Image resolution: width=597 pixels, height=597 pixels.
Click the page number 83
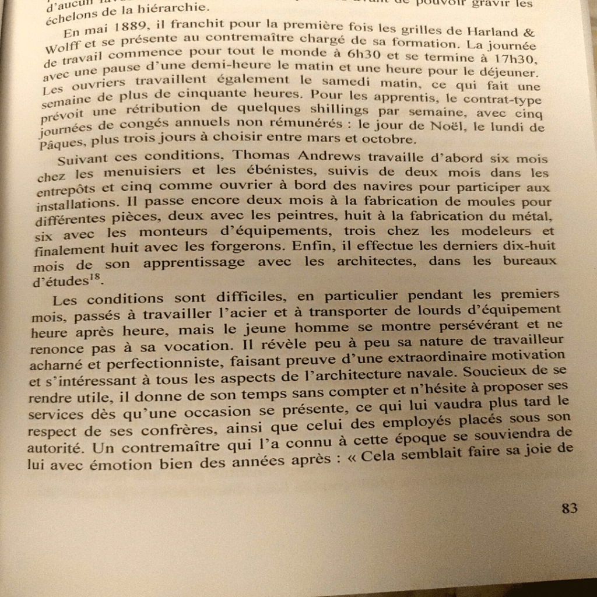click(569, 508)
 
